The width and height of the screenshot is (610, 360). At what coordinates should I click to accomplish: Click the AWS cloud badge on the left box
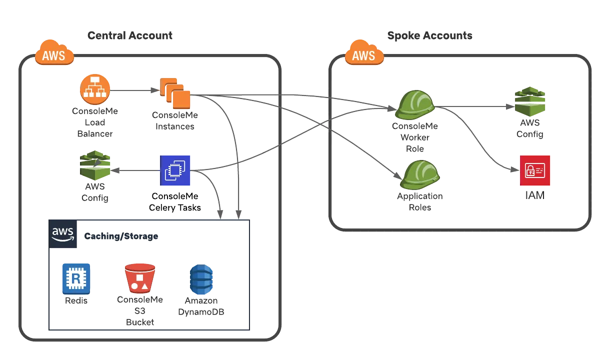(x=54, y=53)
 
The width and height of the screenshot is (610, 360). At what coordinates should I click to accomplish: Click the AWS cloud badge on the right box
(x=364, y=53)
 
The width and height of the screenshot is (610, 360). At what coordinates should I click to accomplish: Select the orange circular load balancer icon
(x=95, y=89)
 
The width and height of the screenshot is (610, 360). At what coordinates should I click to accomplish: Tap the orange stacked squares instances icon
(x=176, y=93)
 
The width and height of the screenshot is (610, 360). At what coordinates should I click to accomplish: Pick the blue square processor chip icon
(x=175, y=170)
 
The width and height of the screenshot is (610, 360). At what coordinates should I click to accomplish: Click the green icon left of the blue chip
(x=95, y=165)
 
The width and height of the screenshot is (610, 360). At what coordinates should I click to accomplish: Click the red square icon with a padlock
(x=535, y=170)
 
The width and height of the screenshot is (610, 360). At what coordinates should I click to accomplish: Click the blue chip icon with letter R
(x=75, y=277)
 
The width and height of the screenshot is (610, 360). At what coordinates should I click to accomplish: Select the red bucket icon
(x=139, y=278)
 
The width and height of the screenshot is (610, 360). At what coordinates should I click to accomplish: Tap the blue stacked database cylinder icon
(x=201, y=279)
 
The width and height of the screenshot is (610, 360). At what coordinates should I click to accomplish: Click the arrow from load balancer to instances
(x=132, y=90)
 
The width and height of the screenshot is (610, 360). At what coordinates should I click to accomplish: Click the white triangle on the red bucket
(x=144, y=286)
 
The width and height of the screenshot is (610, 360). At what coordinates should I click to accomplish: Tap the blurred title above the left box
(x=129, y=34)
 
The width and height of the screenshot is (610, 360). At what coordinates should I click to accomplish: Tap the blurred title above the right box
(x=429, y=34)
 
